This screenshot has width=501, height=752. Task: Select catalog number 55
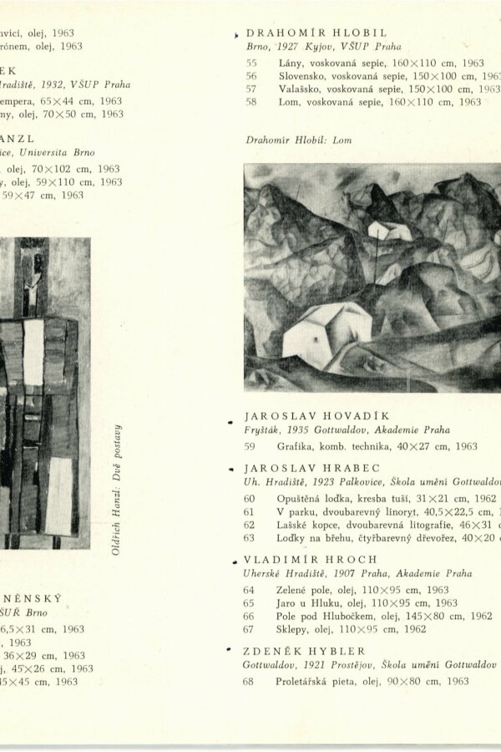coord(251,63)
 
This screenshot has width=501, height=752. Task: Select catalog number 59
coord(250,446)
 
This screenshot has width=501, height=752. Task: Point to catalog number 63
coord(249,538)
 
